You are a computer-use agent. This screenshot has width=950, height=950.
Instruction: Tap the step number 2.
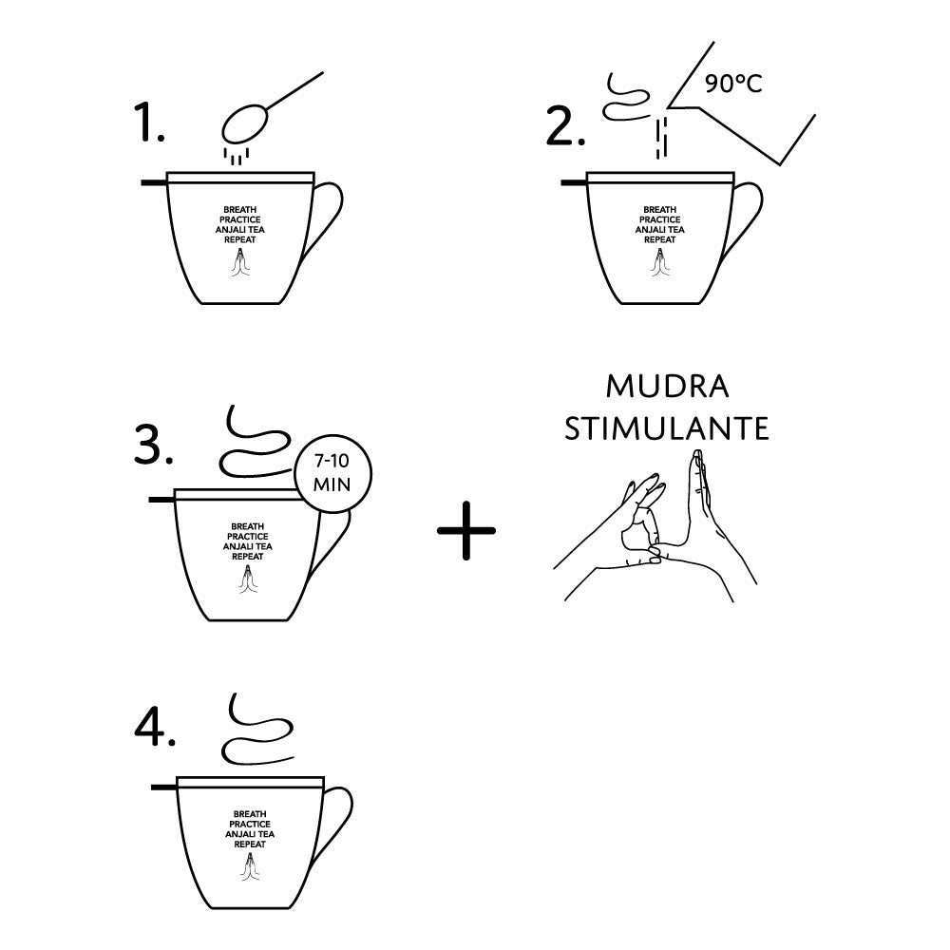(x=565, y=126)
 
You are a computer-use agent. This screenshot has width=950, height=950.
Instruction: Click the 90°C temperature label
(x=733, y=84)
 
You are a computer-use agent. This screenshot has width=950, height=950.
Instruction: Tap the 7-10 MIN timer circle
(x=332, y=474)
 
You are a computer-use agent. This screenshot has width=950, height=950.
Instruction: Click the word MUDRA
(x=667, y=388)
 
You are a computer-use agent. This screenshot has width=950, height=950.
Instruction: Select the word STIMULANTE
(x=667, y=428)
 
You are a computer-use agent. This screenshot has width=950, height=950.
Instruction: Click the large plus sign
(x=465, y=530)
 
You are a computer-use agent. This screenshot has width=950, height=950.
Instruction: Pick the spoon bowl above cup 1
(x=244, y=124)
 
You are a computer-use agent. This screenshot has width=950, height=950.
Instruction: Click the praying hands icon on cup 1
(x=240, y=262)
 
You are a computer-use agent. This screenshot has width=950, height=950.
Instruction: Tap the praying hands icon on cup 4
(x=250, y=866)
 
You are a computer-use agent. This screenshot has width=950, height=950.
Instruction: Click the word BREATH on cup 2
(x=660, y=210)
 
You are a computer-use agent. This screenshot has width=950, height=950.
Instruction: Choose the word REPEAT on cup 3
(x=248, y=556)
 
